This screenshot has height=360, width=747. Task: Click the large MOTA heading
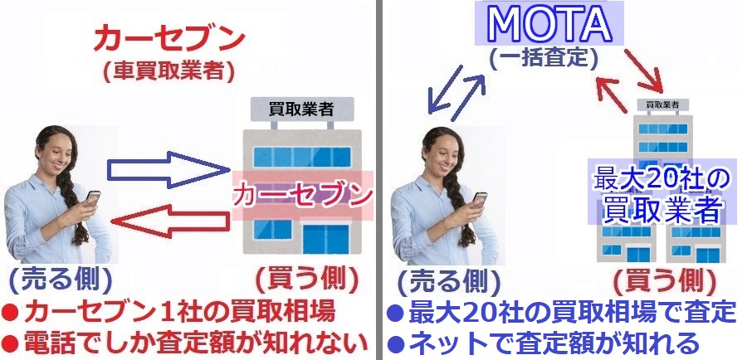coord(549,23)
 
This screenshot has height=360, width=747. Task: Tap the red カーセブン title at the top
coord(169,40)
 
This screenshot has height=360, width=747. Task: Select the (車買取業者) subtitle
coord(169,71)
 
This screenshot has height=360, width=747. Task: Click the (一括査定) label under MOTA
coord(544,59)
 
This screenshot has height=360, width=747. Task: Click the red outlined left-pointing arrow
coord(169,221)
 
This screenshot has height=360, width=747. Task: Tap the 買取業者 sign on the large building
coord(301,109)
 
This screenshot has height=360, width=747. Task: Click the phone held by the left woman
coord(92,197)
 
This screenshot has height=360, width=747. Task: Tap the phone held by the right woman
coord(479,199)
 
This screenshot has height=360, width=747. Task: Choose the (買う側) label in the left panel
coord(307,281)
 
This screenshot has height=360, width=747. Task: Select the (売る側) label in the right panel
coord(448,282)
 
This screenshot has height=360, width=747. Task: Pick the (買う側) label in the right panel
coord(665,282)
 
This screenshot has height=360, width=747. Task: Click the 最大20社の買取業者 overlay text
coord(662,192)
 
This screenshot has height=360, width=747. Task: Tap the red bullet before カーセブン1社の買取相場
coord(11,314)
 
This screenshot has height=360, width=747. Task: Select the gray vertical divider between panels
coord(378,180)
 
